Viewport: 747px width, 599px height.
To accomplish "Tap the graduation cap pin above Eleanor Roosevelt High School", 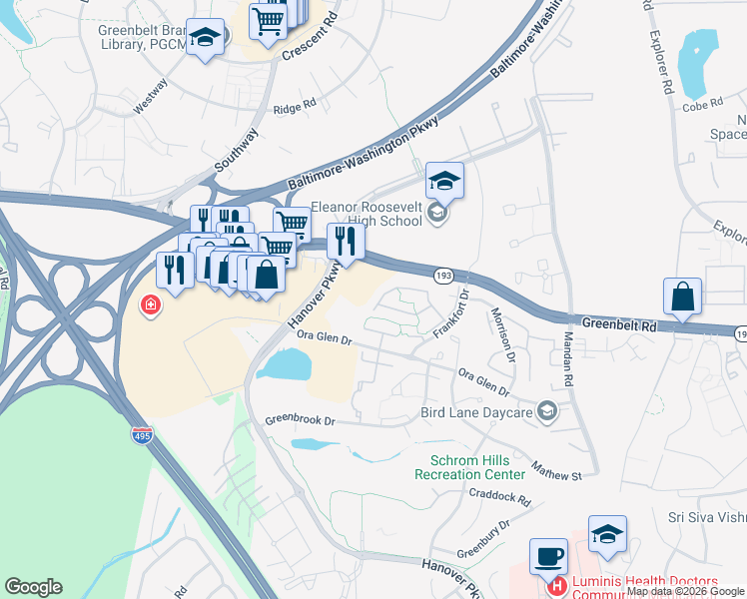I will tap(444, 181).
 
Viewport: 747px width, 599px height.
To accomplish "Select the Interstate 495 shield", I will tap(143, 434).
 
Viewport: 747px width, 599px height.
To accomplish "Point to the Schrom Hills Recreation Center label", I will tap(469, 466).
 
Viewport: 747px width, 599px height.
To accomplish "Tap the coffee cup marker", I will tap(547, 556).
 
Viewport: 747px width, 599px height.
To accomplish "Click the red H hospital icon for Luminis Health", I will tap(557, 587).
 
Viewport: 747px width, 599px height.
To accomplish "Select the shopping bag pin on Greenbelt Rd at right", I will tap(682, 297).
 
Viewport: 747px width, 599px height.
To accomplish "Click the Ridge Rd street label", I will tap(295, 104).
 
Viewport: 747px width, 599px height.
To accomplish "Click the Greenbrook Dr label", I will tap(298, 420).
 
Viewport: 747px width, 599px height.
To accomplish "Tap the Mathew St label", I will tap(556, 468).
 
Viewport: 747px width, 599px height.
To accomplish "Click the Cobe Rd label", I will tap(702, 106).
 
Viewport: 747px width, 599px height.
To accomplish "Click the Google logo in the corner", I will tap(34, 587).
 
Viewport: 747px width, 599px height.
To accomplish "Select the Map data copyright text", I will tap(685, 591).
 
